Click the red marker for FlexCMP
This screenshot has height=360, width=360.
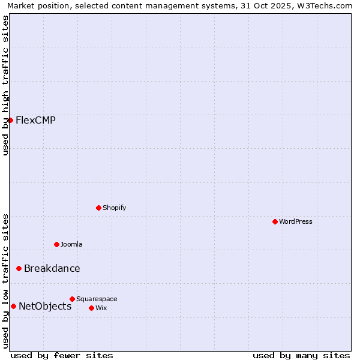[10, 120]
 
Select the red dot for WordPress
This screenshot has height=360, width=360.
[275, 221]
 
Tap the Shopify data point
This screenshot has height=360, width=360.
[98, 208]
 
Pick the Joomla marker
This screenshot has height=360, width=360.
[56, 244]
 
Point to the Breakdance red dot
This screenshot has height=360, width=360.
[19, 268]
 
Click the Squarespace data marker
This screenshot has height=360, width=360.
[72, 299]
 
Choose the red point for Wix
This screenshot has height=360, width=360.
[91, 308]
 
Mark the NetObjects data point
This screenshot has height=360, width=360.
[13, 306]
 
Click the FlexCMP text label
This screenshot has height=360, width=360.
[35, 120]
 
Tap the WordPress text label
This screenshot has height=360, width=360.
[296, 221]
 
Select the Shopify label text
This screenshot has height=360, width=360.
[114, 208]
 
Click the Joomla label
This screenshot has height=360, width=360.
[71, 244]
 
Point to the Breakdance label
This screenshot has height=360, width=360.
[52, 268]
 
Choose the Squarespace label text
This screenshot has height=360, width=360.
[97, 299]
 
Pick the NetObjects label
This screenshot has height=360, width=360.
[45, 306]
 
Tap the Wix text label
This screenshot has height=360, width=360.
[101, 308]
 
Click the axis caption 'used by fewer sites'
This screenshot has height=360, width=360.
[62, 355]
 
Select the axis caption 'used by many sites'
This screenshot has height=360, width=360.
[301, 355]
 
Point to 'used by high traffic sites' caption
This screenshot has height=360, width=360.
[5, 85]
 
